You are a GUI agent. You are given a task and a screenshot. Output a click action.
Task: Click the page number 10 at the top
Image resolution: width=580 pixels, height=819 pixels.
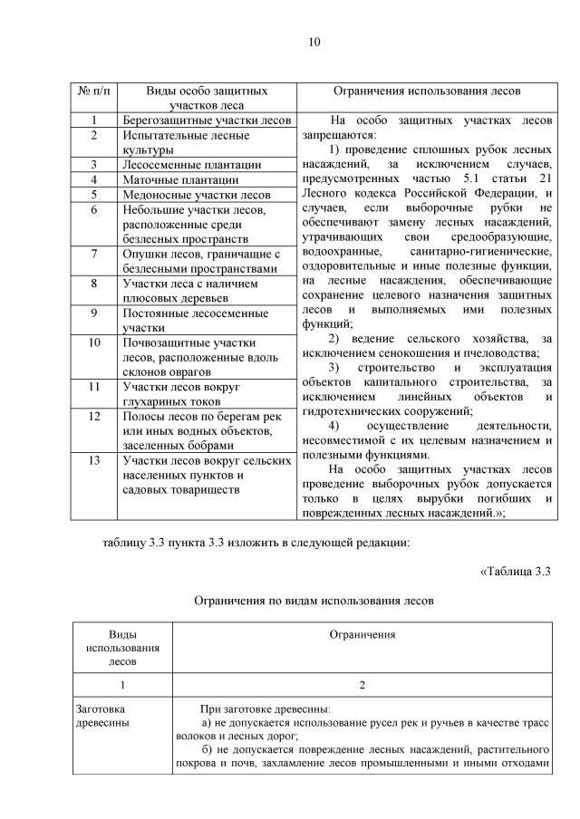tap(314, 42)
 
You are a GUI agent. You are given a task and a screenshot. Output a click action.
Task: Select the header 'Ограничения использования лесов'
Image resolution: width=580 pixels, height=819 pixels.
tap(427, 92)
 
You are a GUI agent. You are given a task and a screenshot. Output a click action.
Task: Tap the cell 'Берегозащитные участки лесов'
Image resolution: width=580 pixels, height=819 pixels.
tap(206, 120)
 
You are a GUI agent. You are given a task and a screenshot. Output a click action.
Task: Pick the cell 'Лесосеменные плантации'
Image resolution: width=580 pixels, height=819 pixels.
tap(191, 165)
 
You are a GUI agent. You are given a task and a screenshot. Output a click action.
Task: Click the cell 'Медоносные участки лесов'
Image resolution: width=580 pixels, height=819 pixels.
tap(196, 195)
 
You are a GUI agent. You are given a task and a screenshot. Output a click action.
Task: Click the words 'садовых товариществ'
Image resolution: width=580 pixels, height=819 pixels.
tap(180, 489)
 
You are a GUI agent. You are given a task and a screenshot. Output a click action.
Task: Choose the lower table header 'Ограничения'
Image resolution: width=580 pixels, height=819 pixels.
tap(362, 634)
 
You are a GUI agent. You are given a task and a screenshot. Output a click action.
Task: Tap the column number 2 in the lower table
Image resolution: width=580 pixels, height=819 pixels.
tap(362, 685)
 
